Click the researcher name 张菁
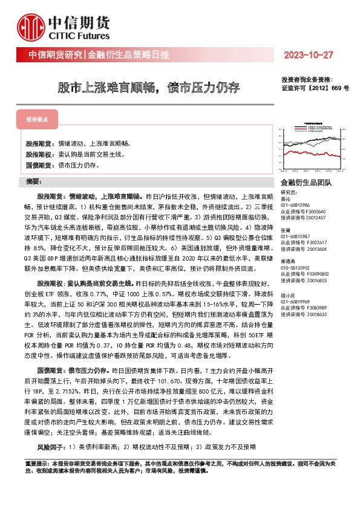(286, 230)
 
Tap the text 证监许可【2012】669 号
(315, 87)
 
